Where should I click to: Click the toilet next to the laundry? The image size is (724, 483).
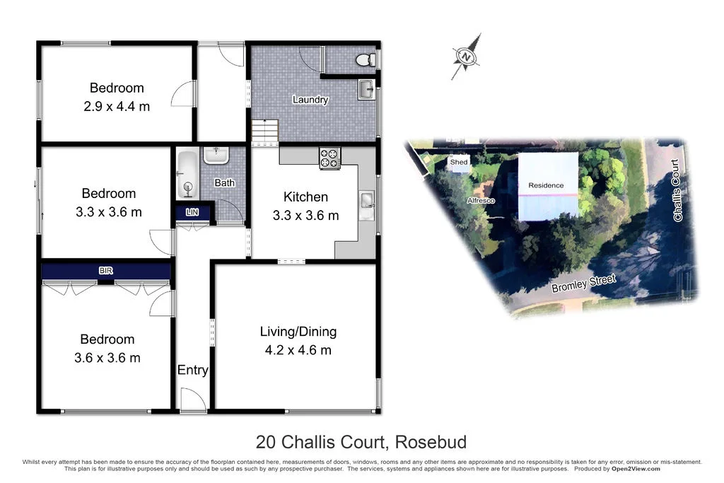click(x=365, y=60)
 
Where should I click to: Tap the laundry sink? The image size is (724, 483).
click(x=366, y=90)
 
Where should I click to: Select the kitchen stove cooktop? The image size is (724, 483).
click(x=330, y=158)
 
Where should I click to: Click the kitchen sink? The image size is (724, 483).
click(x=367, y=202)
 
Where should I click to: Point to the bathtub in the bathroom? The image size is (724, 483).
click(x=187, y=175)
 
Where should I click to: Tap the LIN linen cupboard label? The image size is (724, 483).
click(x=192, y=212)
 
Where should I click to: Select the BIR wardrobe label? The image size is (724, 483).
click(x=105, y=271)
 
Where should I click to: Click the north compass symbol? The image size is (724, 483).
click(x=466, y=56)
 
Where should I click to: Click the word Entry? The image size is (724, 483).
click(x=192, y=370)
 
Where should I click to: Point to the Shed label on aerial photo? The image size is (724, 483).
click(x=459, y=162)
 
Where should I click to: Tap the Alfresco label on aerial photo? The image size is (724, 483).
click(x=480, y=201)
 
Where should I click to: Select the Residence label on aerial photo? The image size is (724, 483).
click(x=546, y=185)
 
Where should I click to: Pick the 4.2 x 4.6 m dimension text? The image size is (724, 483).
click(x=298, y=350)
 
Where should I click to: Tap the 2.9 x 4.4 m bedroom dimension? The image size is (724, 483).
click(x=117, y=106)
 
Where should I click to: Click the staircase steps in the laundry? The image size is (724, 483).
click(x=266, y=130)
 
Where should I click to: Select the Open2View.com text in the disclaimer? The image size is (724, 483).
click(x=636, y=469)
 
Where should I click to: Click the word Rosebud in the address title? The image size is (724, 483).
click(x=430, y=443)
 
